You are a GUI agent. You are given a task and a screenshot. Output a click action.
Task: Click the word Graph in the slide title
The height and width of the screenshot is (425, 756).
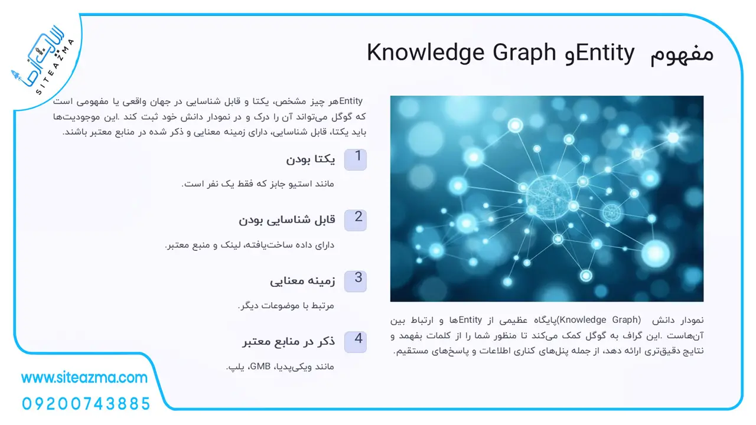(x=524, y=53)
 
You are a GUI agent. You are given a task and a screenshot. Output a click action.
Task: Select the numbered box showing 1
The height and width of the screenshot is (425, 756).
(x=356, y=159)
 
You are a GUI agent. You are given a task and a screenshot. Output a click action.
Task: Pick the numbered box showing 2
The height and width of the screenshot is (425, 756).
(x=356, y=220)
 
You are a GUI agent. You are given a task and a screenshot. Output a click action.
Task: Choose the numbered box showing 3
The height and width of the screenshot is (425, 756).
(x=356, y=282)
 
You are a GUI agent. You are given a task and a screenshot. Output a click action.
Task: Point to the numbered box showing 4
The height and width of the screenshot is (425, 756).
(x=356, y=342)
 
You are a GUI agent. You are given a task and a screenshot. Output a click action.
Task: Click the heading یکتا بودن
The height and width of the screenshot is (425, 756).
(x=311, y=159)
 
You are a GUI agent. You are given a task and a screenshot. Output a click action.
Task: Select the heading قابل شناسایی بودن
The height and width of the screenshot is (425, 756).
(x=287, y=220)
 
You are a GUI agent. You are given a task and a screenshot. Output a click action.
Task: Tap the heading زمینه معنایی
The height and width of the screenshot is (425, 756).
(x=302, y=281)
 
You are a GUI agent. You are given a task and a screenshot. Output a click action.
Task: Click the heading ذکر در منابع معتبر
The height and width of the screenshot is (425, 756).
(x=289, y=342)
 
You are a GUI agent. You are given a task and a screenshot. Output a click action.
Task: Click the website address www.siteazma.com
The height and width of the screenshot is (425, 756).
(x=84, y=378)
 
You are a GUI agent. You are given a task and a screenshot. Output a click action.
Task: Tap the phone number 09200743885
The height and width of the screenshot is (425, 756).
(x=86, y=404)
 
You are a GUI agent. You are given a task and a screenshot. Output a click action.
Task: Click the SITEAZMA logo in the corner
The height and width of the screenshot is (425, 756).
(x=43, y=61)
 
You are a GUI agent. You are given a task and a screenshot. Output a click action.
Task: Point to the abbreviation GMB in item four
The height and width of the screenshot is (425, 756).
(x=260, y=367)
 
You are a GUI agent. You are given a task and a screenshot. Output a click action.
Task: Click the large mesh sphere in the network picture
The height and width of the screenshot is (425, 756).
(x=549, y=197)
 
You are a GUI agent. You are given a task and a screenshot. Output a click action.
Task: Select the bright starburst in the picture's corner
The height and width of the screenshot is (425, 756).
(x=673, y=138)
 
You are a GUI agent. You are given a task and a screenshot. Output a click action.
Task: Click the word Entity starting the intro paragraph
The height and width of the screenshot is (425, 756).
(x=351, y=101)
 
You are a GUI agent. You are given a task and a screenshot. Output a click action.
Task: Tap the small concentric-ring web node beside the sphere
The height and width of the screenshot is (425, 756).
(x=611, y=213)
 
